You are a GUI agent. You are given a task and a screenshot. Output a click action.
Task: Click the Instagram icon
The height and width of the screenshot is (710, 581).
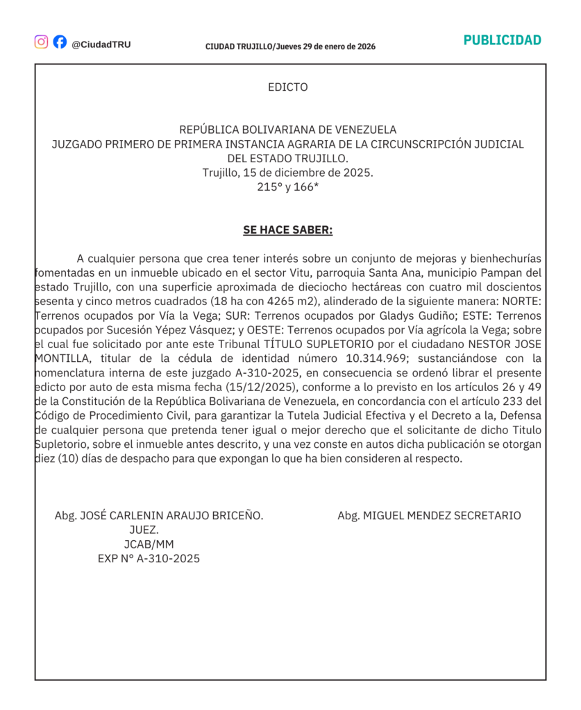[x=42, y=42]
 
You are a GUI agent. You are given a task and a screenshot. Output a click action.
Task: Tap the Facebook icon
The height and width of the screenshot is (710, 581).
[x=60, y=42]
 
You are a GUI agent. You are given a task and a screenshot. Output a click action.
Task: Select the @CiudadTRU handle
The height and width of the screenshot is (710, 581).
[x=101, y=44]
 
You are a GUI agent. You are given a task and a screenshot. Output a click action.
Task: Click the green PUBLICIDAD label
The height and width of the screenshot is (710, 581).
[x=502, y=40]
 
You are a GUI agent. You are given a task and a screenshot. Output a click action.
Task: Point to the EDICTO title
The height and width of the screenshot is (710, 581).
[x=287, y=87]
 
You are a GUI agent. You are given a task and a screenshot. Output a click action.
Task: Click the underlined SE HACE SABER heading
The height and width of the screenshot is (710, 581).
[x=287, y=230]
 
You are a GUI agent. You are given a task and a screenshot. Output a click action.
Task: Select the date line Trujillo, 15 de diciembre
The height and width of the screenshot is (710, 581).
[x=287, y=173]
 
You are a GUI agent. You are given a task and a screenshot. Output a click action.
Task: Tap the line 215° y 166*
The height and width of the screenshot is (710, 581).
[x=287, y=187]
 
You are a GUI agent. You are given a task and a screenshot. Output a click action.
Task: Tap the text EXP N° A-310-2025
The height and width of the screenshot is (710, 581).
[x=149, y=558]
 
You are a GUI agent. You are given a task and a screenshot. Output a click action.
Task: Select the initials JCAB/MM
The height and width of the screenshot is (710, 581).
[x=149, y=544]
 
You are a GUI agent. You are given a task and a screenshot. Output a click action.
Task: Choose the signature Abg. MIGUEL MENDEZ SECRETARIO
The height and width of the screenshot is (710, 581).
[x=429, y=515]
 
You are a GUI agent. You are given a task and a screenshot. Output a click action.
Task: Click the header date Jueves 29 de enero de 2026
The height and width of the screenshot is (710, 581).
[x=326, y=46]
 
